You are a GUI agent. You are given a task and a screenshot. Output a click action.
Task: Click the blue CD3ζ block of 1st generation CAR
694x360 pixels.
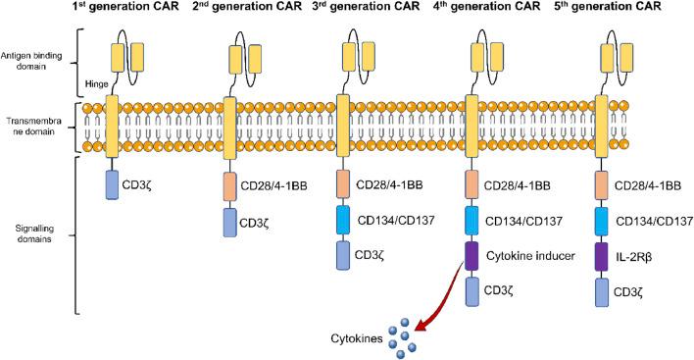click(112, 183)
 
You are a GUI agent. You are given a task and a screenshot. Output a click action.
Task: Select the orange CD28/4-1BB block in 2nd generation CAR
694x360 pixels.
click(230, 184)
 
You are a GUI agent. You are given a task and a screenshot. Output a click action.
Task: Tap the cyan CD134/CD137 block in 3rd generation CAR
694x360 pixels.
click(343, 218)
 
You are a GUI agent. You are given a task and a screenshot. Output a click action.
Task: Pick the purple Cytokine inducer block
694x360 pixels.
click(471, 254)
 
